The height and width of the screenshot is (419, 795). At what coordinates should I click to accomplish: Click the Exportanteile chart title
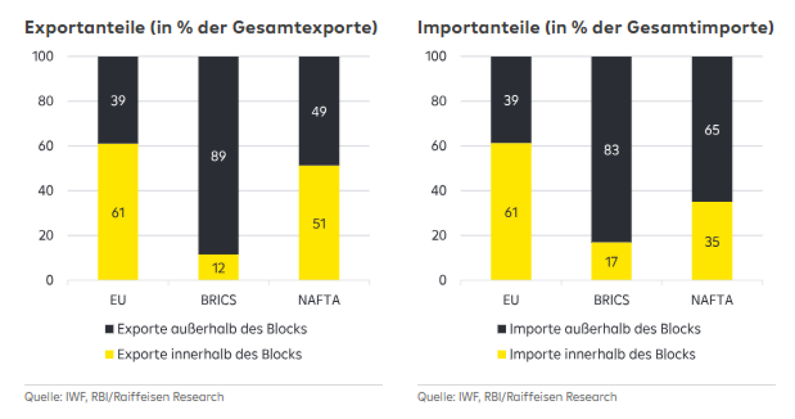(201, 28)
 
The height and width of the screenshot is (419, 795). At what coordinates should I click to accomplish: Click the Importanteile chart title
(596, 28)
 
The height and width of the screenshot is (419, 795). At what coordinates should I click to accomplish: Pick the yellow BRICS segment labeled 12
(218, 267)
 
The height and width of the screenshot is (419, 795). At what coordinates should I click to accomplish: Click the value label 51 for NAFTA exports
(319, 223)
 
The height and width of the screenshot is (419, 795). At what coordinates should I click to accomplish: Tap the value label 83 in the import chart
(611, 151)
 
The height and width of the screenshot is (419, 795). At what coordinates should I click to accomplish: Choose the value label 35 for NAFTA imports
(712, 242)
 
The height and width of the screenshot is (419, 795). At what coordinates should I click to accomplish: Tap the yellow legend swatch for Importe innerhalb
(501, 354)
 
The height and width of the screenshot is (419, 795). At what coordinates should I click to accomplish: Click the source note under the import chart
(517, 397)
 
